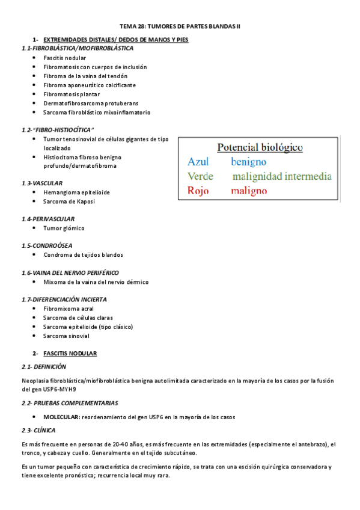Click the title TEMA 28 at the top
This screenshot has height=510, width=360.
pyautogui.click(x=180, y=26)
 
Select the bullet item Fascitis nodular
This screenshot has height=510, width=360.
pyautogui.click(x=64, y=58)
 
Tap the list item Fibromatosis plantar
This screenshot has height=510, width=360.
pyautogui.click(x=72, y=94)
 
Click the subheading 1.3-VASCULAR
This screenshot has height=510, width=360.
pyautogui.click(x=41, y=183)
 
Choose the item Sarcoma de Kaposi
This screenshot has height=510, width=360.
pyautogui.click(x=69, y=201)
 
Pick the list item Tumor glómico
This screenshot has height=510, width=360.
pyautogui.click(x=64, y=229)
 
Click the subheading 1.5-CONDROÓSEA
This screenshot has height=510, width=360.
pyautogui.click(x=47, y=245)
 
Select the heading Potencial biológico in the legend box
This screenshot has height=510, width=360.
pyautogui.click(x=260, y=147)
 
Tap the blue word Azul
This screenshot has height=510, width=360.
pyautogui.click(x=198, y=162)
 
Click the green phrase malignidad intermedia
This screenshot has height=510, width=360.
pyautogui.click(x=282, y=177)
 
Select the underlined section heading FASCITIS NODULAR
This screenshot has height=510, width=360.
pyautogui.click(x=70, y=353)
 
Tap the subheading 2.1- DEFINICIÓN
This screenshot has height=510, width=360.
pyautogui.click(x=43, y=366)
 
